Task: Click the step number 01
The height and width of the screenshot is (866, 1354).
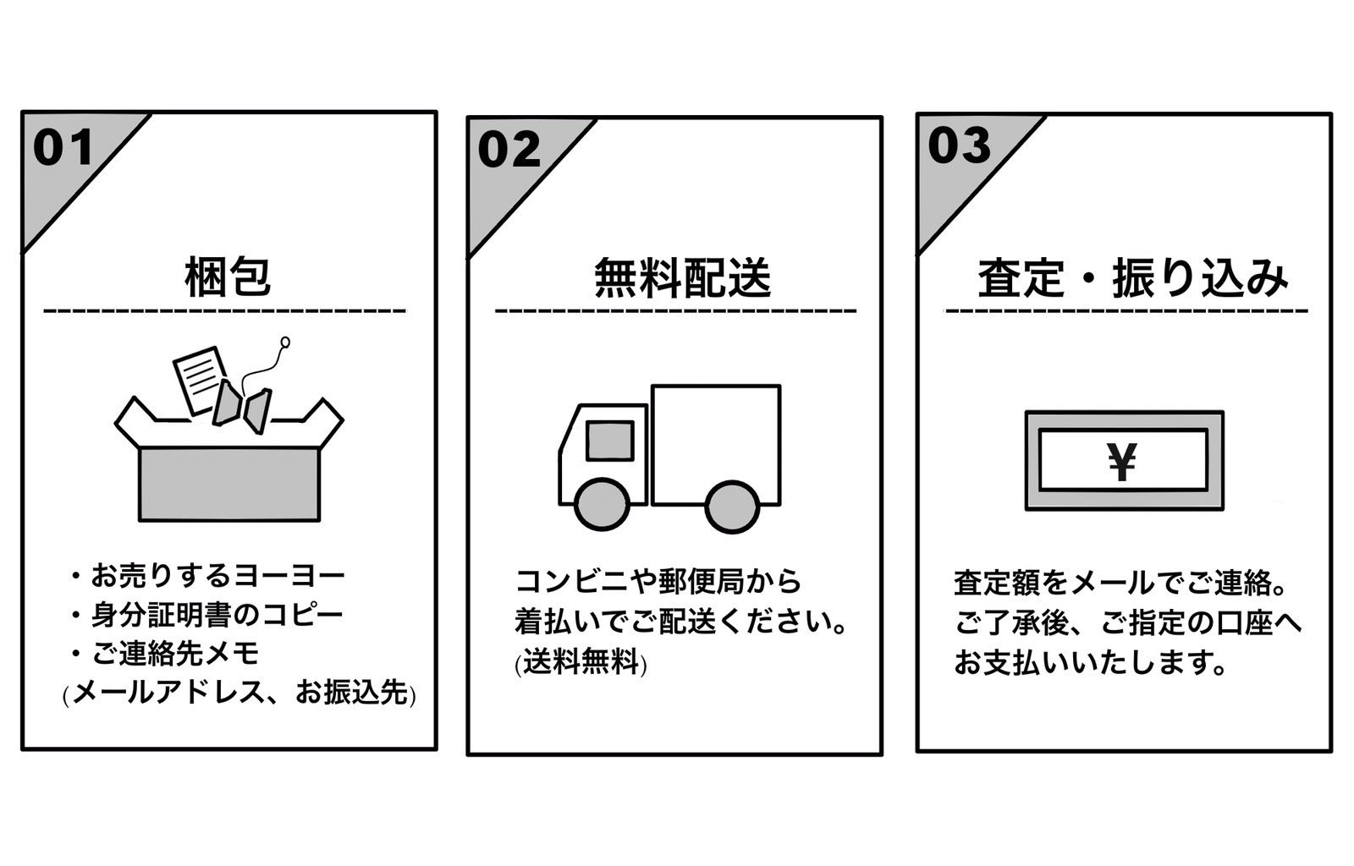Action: [63, 148]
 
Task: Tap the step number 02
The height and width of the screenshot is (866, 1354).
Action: [509, 151]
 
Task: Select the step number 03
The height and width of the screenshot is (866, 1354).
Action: [959, 145]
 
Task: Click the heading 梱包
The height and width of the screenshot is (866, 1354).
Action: [227, 277]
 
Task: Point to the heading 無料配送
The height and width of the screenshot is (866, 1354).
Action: [682, 277]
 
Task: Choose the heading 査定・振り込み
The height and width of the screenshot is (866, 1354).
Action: [1132, 278]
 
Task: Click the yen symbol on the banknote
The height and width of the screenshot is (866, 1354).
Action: [1122, 462]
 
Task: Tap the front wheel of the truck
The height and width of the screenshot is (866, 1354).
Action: [603, 505]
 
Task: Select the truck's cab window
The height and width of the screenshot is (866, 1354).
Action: [610, 440]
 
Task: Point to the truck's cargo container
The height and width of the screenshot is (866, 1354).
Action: [716, 443]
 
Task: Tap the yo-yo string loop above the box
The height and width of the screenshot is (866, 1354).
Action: [285, 343]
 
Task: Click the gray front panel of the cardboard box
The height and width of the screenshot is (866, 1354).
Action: [229, 484]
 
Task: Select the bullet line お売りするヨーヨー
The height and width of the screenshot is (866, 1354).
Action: [218, 577]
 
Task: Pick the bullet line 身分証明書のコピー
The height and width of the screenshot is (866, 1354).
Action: [217, 615]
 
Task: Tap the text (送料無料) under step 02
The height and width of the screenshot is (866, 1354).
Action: [581, 662]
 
